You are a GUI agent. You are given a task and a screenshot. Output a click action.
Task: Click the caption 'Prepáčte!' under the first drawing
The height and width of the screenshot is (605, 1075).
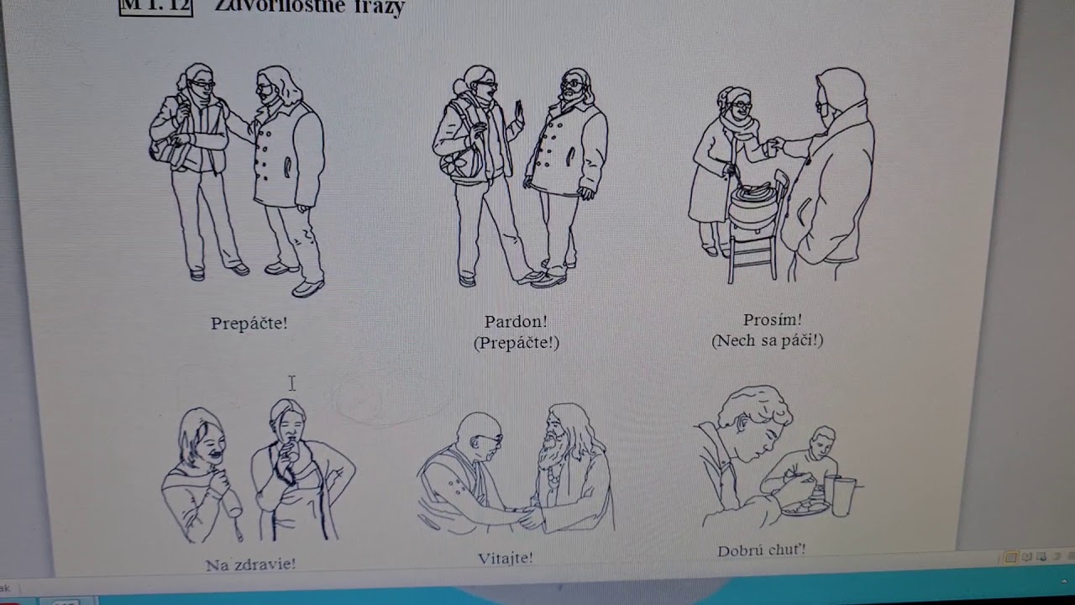coord(249,324)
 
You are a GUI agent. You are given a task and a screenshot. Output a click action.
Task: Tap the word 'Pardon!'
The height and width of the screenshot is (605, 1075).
coord(516,322)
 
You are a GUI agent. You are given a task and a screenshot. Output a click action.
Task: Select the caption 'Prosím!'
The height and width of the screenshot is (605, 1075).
coord(772,320)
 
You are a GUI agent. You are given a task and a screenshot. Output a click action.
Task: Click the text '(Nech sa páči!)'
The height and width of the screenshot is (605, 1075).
coord(767,340)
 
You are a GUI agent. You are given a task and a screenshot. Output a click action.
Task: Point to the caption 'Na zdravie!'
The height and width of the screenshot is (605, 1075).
coord(250,565)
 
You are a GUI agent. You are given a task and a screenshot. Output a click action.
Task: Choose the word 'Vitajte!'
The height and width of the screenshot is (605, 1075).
coord(505,558)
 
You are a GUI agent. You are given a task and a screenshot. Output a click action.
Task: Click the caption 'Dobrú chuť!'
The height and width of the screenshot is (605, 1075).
coord(761,550)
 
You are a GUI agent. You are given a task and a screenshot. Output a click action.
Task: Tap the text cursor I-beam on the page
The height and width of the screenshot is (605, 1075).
coord(291,383)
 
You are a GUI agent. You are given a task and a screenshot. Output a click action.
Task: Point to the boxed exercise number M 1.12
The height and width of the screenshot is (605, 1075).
coord(156,7)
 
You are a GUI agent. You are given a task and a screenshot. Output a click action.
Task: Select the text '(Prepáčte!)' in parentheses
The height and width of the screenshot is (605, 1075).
coord(516,343)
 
